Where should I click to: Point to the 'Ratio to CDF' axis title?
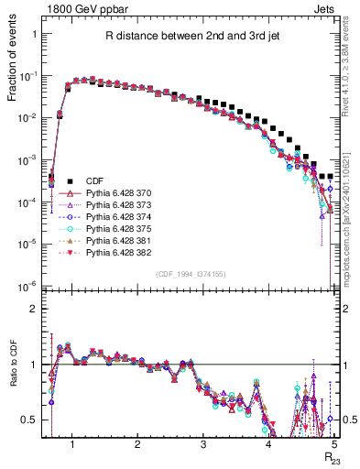(x=16, y=374)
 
